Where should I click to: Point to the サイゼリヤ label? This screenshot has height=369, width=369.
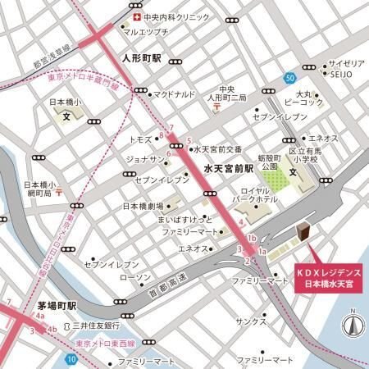[346, 63]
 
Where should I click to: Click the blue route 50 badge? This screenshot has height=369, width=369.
[290, 78]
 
